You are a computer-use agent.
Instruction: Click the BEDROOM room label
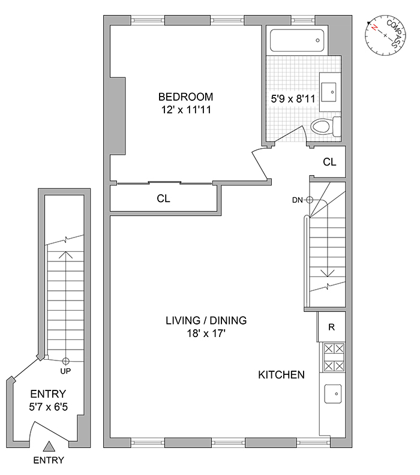pos(185,97)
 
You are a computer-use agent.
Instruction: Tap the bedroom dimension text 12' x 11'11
pos(185,110)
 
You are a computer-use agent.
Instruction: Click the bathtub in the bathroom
pos(297,41)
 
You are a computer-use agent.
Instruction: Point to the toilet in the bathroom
pos(325,127)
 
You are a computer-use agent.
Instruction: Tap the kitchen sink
pos(332,393)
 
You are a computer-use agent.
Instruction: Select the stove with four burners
pos(332,357)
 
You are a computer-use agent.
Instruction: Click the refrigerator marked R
pos(331,327)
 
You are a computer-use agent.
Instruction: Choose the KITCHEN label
pos(281,375)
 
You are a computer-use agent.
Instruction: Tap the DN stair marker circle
pos(310,200)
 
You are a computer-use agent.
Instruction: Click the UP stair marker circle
pos(65,361)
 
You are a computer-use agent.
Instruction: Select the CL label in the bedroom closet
pos(163,199)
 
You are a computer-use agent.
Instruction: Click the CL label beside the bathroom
pos(329,162)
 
